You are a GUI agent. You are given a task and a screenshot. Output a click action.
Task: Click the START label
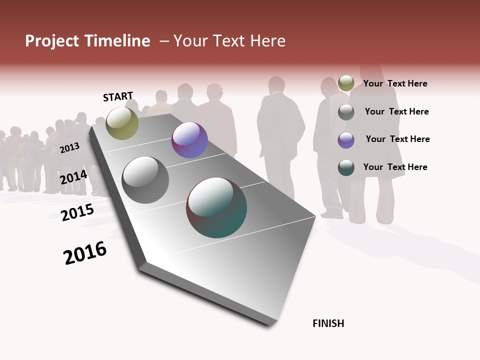click(118, 96)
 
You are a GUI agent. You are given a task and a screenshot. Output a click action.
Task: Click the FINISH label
click(328, 323)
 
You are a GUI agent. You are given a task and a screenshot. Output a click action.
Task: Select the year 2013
click(69, 147)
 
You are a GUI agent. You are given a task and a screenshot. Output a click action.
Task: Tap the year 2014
click(74, 177)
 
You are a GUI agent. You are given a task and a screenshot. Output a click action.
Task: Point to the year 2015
click(77, 212)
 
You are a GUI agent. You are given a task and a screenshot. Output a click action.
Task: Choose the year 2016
click(85, 253)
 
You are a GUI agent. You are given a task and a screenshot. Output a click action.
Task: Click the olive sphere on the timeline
click(122, 123)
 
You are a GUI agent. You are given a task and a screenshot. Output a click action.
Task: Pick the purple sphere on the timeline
click(189, 140)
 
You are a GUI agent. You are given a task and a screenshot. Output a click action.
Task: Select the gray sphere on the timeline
click(145, 180)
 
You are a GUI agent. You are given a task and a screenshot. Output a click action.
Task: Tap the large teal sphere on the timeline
click(216, 207)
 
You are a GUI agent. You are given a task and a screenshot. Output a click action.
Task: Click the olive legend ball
click(346, 83)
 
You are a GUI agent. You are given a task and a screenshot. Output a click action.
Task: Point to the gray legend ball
click(346, 112)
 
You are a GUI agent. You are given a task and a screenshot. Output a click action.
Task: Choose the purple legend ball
click(346, 140)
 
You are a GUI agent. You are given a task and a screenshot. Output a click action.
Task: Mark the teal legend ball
click(346, 167)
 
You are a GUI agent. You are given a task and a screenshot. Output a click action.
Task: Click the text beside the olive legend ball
click(395, 83)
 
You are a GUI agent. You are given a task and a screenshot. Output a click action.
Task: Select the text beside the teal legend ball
click(395, 167)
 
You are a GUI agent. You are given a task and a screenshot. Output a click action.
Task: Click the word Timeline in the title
click(117, 41)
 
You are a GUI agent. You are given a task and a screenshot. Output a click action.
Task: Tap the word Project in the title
click(51, 41)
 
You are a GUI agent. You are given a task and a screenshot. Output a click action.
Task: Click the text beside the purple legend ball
click(397, 139)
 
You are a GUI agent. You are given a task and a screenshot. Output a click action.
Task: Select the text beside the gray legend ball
click(396, 111)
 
